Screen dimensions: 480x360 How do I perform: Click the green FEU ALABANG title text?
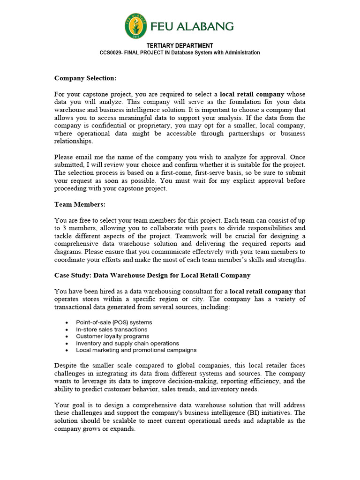pyautogui.click(x=193, y=26)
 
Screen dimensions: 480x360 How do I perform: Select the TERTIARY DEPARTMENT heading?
pyautogui.click(x=180, y=45)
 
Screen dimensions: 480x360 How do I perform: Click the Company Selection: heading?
pyautogui.click(x=85, y=78)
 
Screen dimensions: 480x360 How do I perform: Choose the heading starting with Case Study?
pyautogui.click(x=152, y=275)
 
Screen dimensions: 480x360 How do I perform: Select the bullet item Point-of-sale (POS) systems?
pyautogui.click(x=114, y=322)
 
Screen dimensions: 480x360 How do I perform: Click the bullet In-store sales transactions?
pyautogui.click(x=112, y=330)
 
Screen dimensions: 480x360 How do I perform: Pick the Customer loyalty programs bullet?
pyautogui.click(x=112, y=336)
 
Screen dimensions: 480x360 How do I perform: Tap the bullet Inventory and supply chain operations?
pyautogui.click(x=127, y=343)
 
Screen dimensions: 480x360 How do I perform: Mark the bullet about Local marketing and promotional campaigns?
pyautogui.click(x=136, y=350)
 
